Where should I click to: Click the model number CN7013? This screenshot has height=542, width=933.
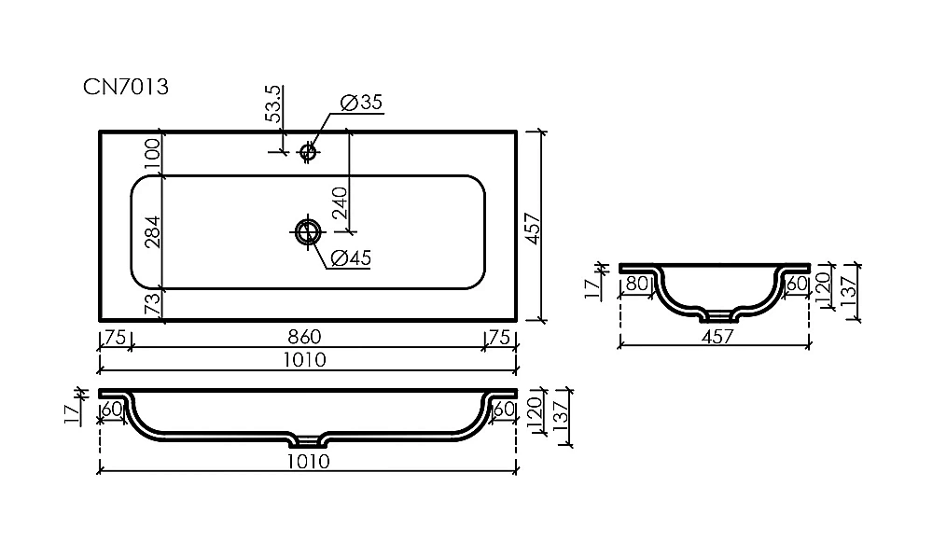click(x=126, y=87)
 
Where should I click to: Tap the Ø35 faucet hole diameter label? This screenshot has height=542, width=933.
click(x=360, y=103)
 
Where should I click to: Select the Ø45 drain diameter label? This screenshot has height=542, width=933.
click(x=351, y=258)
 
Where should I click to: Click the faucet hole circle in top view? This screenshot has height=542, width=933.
click(x=308, y=152)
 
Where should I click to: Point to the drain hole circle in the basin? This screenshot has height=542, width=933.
click(x=308, y=231)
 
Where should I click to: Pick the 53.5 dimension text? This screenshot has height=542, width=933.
click(x=273, y=104)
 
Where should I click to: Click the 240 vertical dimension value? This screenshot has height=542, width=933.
click(x=340, y=202)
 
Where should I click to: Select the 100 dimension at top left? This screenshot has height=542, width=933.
click(x=152, y=154)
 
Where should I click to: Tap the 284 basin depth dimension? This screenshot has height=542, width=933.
click(x=152, y=231)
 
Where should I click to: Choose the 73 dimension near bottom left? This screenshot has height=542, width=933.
click(x=152, y=304)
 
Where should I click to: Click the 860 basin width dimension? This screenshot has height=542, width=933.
click(x=305, y=337)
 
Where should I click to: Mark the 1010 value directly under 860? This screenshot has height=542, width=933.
click(x=305, y=360)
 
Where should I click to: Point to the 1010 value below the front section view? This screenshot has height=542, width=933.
click(x=308, y=461)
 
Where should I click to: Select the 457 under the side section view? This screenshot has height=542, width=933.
click(x=717, y=337)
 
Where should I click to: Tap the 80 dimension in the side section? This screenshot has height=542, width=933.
click(x=636, y=284)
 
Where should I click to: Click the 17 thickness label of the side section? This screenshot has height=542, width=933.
click(x=592, y=288)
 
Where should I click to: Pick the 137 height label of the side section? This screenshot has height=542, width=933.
click(x=850, y=291)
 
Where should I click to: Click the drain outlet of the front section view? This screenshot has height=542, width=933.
click(x=308, y=441)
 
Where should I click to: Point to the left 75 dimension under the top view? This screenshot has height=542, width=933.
click(x=115, y=338)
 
